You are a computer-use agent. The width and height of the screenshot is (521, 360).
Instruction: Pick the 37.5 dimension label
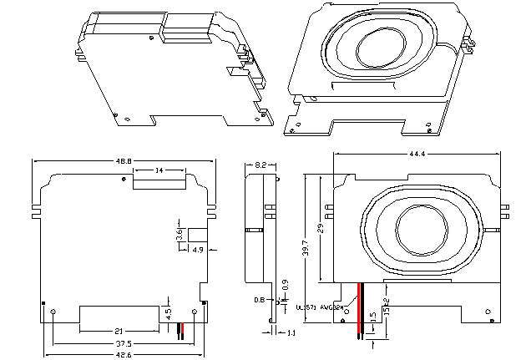[123, 343]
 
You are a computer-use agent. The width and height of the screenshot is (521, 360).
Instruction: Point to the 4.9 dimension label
[198, 249]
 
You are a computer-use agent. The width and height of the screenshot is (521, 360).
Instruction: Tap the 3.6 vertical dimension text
[179, 236]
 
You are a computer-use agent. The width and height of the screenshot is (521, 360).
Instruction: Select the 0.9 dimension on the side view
[285, 285]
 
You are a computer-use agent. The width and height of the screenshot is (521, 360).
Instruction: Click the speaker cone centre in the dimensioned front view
[419, 228]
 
